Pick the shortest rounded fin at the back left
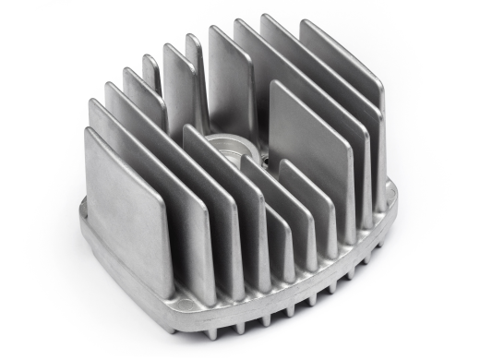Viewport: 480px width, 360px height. pyautogui.click(x=150, y=72)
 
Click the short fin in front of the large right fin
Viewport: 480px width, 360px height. pyautogui.click(x=309, y=208)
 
